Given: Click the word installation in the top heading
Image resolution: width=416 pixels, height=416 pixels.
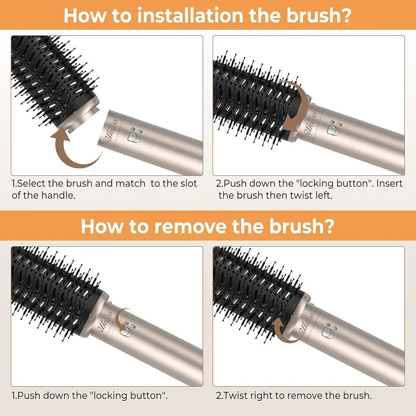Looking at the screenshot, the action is (x=190, y=15).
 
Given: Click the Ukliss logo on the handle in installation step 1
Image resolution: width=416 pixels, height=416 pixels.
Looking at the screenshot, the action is (x=110, y=130).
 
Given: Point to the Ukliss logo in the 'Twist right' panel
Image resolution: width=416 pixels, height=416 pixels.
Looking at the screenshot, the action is (x=307, y=322).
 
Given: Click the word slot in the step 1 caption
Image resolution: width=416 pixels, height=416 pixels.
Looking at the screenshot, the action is (x=188, y=183).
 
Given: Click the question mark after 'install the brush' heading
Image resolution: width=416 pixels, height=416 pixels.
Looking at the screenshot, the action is (x=346, y=15).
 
